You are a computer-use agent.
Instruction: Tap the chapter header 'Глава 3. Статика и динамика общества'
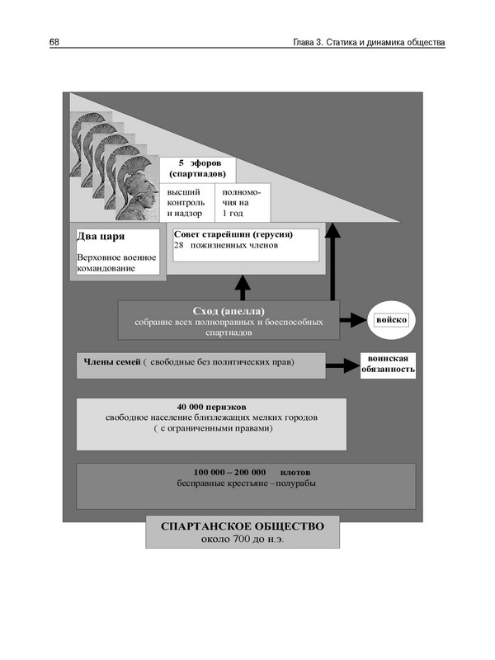(369, 42)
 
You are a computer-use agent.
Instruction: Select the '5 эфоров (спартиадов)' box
(197, 169)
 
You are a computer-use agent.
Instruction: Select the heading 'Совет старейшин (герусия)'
(233, 234)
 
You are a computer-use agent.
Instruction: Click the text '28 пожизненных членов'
(227, 246)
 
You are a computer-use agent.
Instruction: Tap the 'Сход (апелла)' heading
(228, 310)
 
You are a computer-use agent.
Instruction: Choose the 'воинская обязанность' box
(388, 365)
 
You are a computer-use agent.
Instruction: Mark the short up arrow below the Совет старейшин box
(242, 287)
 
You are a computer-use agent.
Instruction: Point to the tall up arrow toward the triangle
(332, 264)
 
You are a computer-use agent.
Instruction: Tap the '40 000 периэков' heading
(211, 408)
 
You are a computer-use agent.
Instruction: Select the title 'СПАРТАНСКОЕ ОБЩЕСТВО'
(243, 526)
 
